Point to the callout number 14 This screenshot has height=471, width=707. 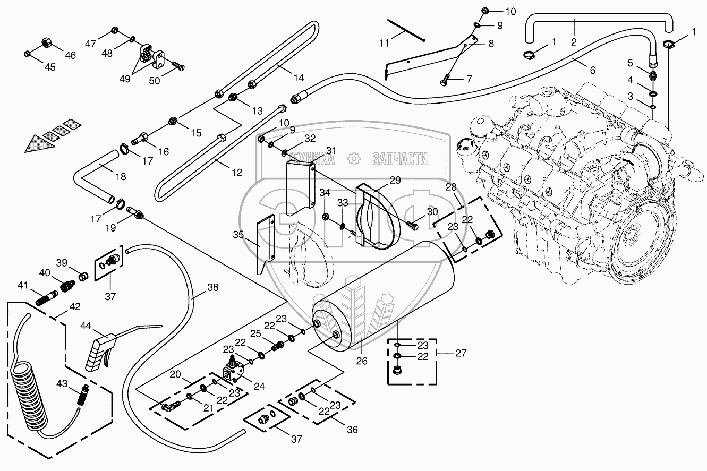click(299, 78)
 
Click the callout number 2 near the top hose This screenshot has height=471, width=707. click(574, 41)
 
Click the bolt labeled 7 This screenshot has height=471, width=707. click(445, 82)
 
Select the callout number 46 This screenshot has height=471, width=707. click(70, 55)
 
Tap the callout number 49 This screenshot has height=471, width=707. click(125, 79)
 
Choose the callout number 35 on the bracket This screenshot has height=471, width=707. click(239, 234)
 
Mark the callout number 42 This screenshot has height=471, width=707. click(74, 306)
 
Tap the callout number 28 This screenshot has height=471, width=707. click(450, 187)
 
